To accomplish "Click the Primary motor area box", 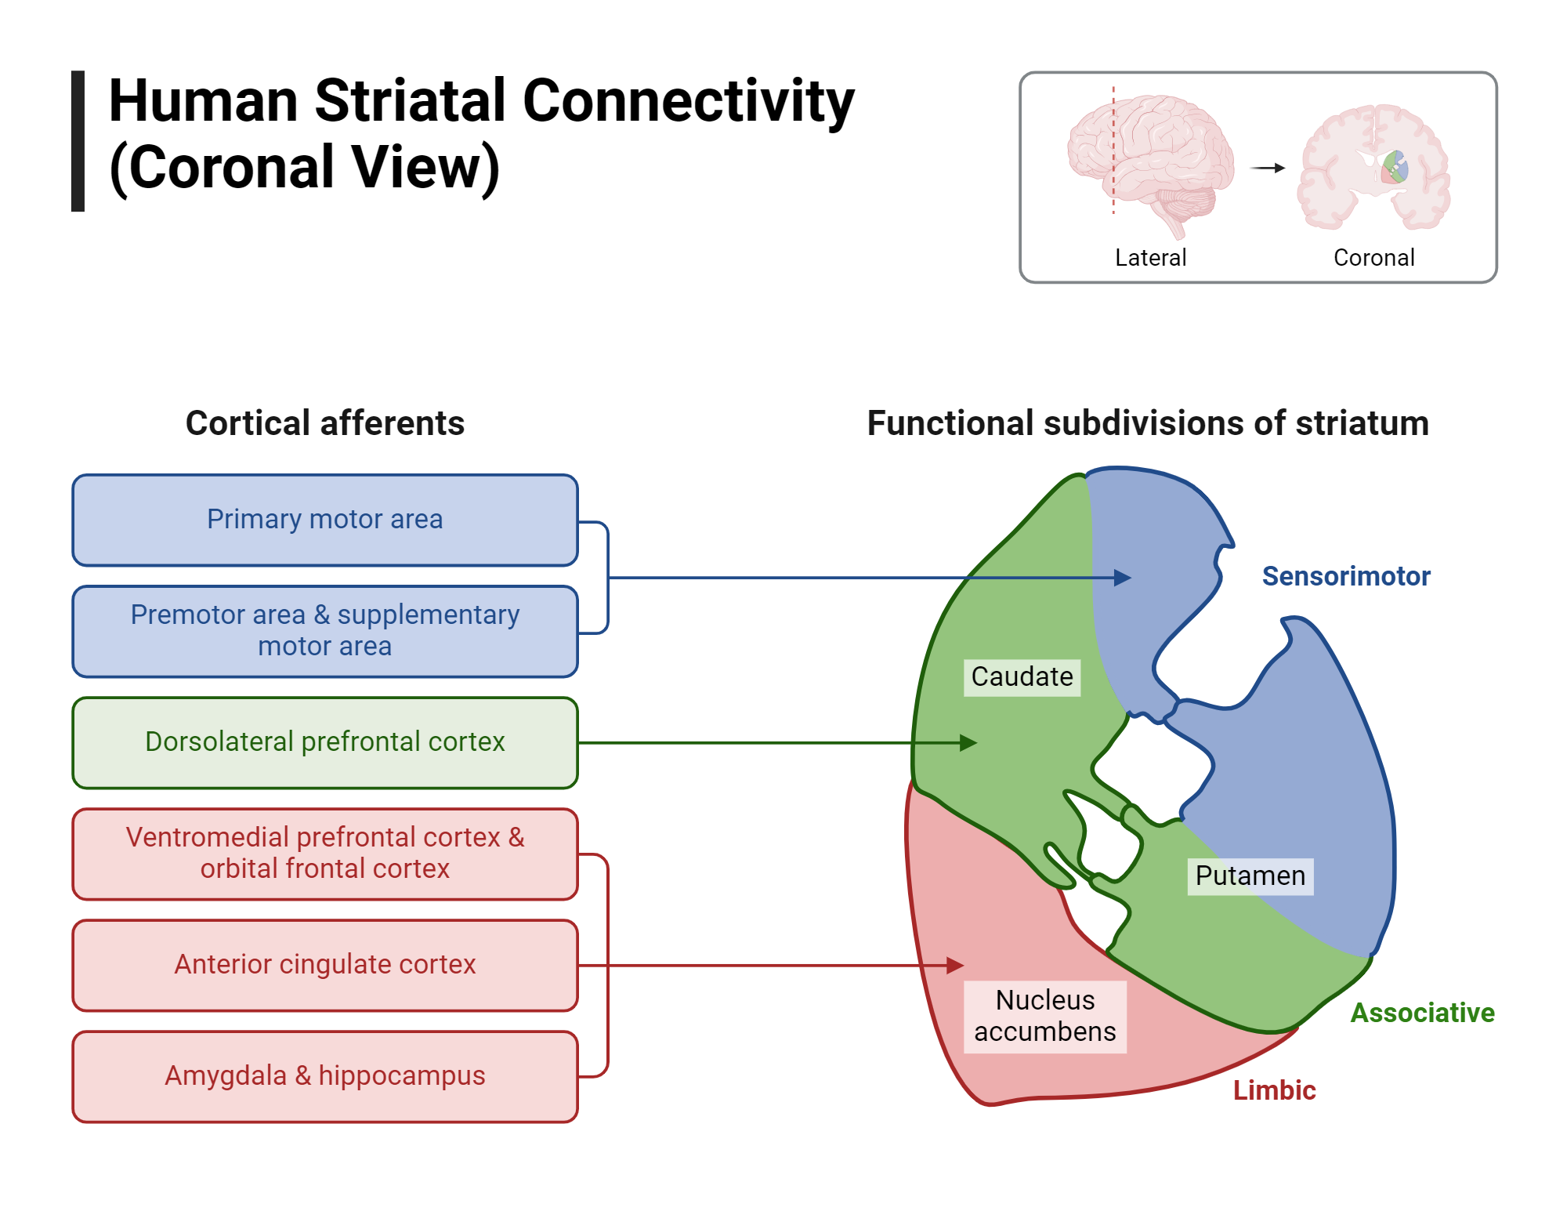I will point(324,520).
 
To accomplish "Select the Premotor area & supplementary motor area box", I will point(324,631).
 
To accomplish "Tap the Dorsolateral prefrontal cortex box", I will point(324,742).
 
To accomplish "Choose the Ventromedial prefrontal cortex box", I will point(324,854).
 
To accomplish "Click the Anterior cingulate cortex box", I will point(324,965).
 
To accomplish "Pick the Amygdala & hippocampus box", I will point(324,1076).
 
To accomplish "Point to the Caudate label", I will point(1022,677).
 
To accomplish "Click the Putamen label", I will point(1250,876).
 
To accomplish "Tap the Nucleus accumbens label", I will point(1044,1017).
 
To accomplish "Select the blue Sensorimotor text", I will point(1345,577).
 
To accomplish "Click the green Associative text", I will point(1422,1013).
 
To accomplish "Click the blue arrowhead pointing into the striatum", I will point(1124,578).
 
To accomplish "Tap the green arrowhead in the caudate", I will point(969,743).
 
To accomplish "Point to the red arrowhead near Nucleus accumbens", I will point(955,966).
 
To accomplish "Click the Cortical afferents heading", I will point(324,424).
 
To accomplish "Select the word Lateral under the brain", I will point(1150,258).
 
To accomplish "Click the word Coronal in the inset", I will point(1373,258).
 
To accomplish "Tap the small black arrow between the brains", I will point(1267,168).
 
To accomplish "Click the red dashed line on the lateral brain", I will point(1113,149).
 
